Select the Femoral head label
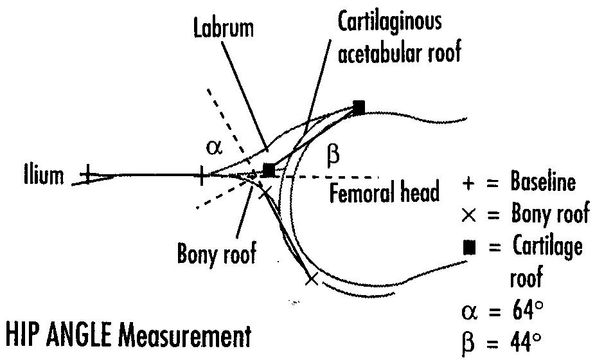(384, 193)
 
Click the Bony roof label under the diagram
(217, 253)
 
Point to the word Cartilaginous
(390, 22)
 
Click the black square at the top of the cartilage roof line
(359, 106)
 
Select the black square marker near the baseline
(269, 170)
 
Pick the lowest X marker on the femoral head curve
(312, 278)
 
